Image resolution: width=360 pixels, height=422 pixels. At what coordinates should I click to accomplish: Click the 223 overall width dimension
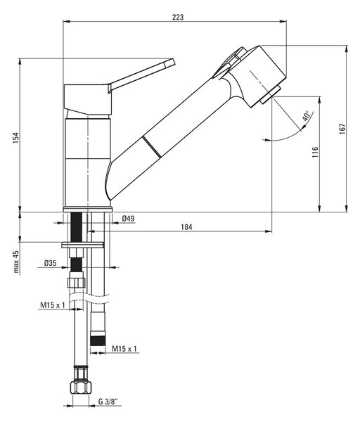(x=178, y=17)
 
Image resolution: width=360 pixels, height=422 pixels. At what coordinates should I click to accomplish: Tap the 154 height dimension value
(x=16, y=138)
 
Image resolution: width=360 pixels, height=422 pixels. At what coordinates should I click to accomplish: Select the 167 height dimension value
(x=342, y=129)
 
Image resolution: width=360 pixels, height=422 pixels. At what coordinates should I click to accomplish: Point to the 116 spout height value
(x=315, y=152)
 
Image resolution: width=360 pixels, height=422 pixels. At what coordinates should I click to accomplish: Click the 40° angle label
(x=306, y=116)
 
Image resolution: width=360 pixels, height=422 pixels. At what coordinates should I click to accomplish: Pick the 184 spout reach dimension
(x=186, y=227)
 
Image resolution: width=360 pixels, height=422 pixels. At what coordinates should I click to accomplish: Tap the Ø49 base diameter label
(x=128, y=218)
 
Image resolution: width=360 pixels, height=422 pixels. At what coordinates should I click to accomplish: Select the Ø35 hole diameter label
(x=51, y=263)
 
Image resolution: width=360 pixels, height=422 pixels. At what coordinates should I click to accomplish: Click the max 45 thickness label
(x=16, y=262)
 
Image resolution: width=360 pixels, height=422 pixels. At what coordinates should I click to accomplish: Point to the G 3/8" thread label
(x=108, y=402)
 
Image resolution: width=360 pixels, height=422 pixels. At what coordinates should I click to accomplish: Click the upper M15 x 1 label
(x=53, y=305)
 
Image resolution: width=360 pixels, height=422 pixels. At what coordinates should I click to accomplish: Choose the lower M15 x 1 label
(x=124, y=349)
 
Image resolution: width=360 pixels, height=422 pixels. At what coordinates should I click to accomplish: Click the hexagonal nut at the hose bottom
(x=80, y=388)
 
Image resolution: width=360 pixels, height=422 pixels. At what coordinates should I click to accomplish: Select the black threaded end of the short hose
(x=98, y=340)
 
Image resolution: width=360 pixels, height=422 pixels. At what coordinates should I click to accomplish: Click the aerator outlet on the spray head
(x=271, y=94)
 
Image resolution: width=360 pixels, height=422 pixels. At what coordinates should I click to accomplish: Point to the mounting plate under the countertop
(x=82, y=245)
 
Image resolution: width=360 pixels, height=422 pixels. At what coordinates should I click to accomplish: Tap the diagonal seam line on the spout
(x=152, y=147)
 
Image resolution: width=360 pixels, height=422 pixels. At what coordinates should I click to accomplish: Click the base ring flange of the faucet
(x=88, y=210)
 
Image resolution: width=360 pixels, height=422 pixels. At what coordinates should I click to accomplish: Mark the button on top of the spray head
(x=231, y=61)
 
